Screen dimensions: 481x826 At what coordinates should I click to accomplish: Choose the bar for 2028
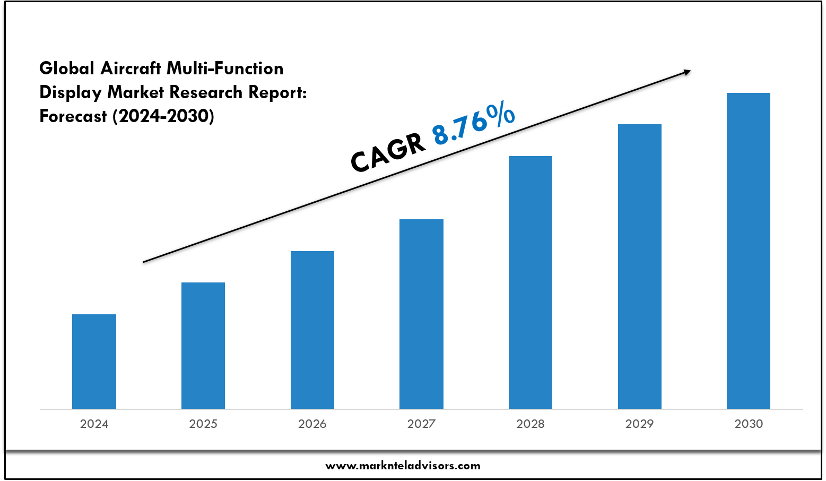tap(531, 282)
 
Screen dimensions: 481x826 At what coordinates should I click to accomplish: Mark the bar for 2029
tap(639, 266)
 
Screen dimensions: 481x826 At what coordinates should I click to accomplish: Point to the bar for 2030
tap(749, 251)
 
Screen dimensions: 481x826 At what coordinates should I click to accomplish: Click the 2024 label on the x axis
tap(94, 424)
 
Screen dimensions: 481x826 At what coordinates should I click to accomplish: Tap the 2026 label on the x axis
tap(312, 424)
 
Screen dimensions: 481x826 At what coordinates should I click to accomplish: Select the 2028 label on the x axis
tap(531, 424)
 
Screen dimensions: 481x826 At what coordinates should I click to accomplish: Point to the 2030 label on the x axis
tap(749, 424)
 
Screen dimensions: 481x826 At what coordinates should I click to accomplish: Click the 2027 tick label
tap(421, 424)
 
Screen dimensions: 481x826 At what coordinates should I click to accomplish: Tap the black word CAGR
tap(388, 153)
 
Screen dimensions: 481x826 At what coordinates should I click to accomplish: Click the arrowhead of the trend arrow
tap(687, 72)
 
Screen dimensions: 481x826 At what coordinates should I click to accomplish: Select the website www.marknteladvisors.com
tap(403, 466)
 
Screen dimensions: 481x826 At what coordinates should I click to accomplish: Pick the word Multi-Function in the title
tap(225, 68)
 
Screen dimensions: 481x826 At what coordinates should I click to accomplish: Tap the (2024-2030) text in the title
tap(163, 116)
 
